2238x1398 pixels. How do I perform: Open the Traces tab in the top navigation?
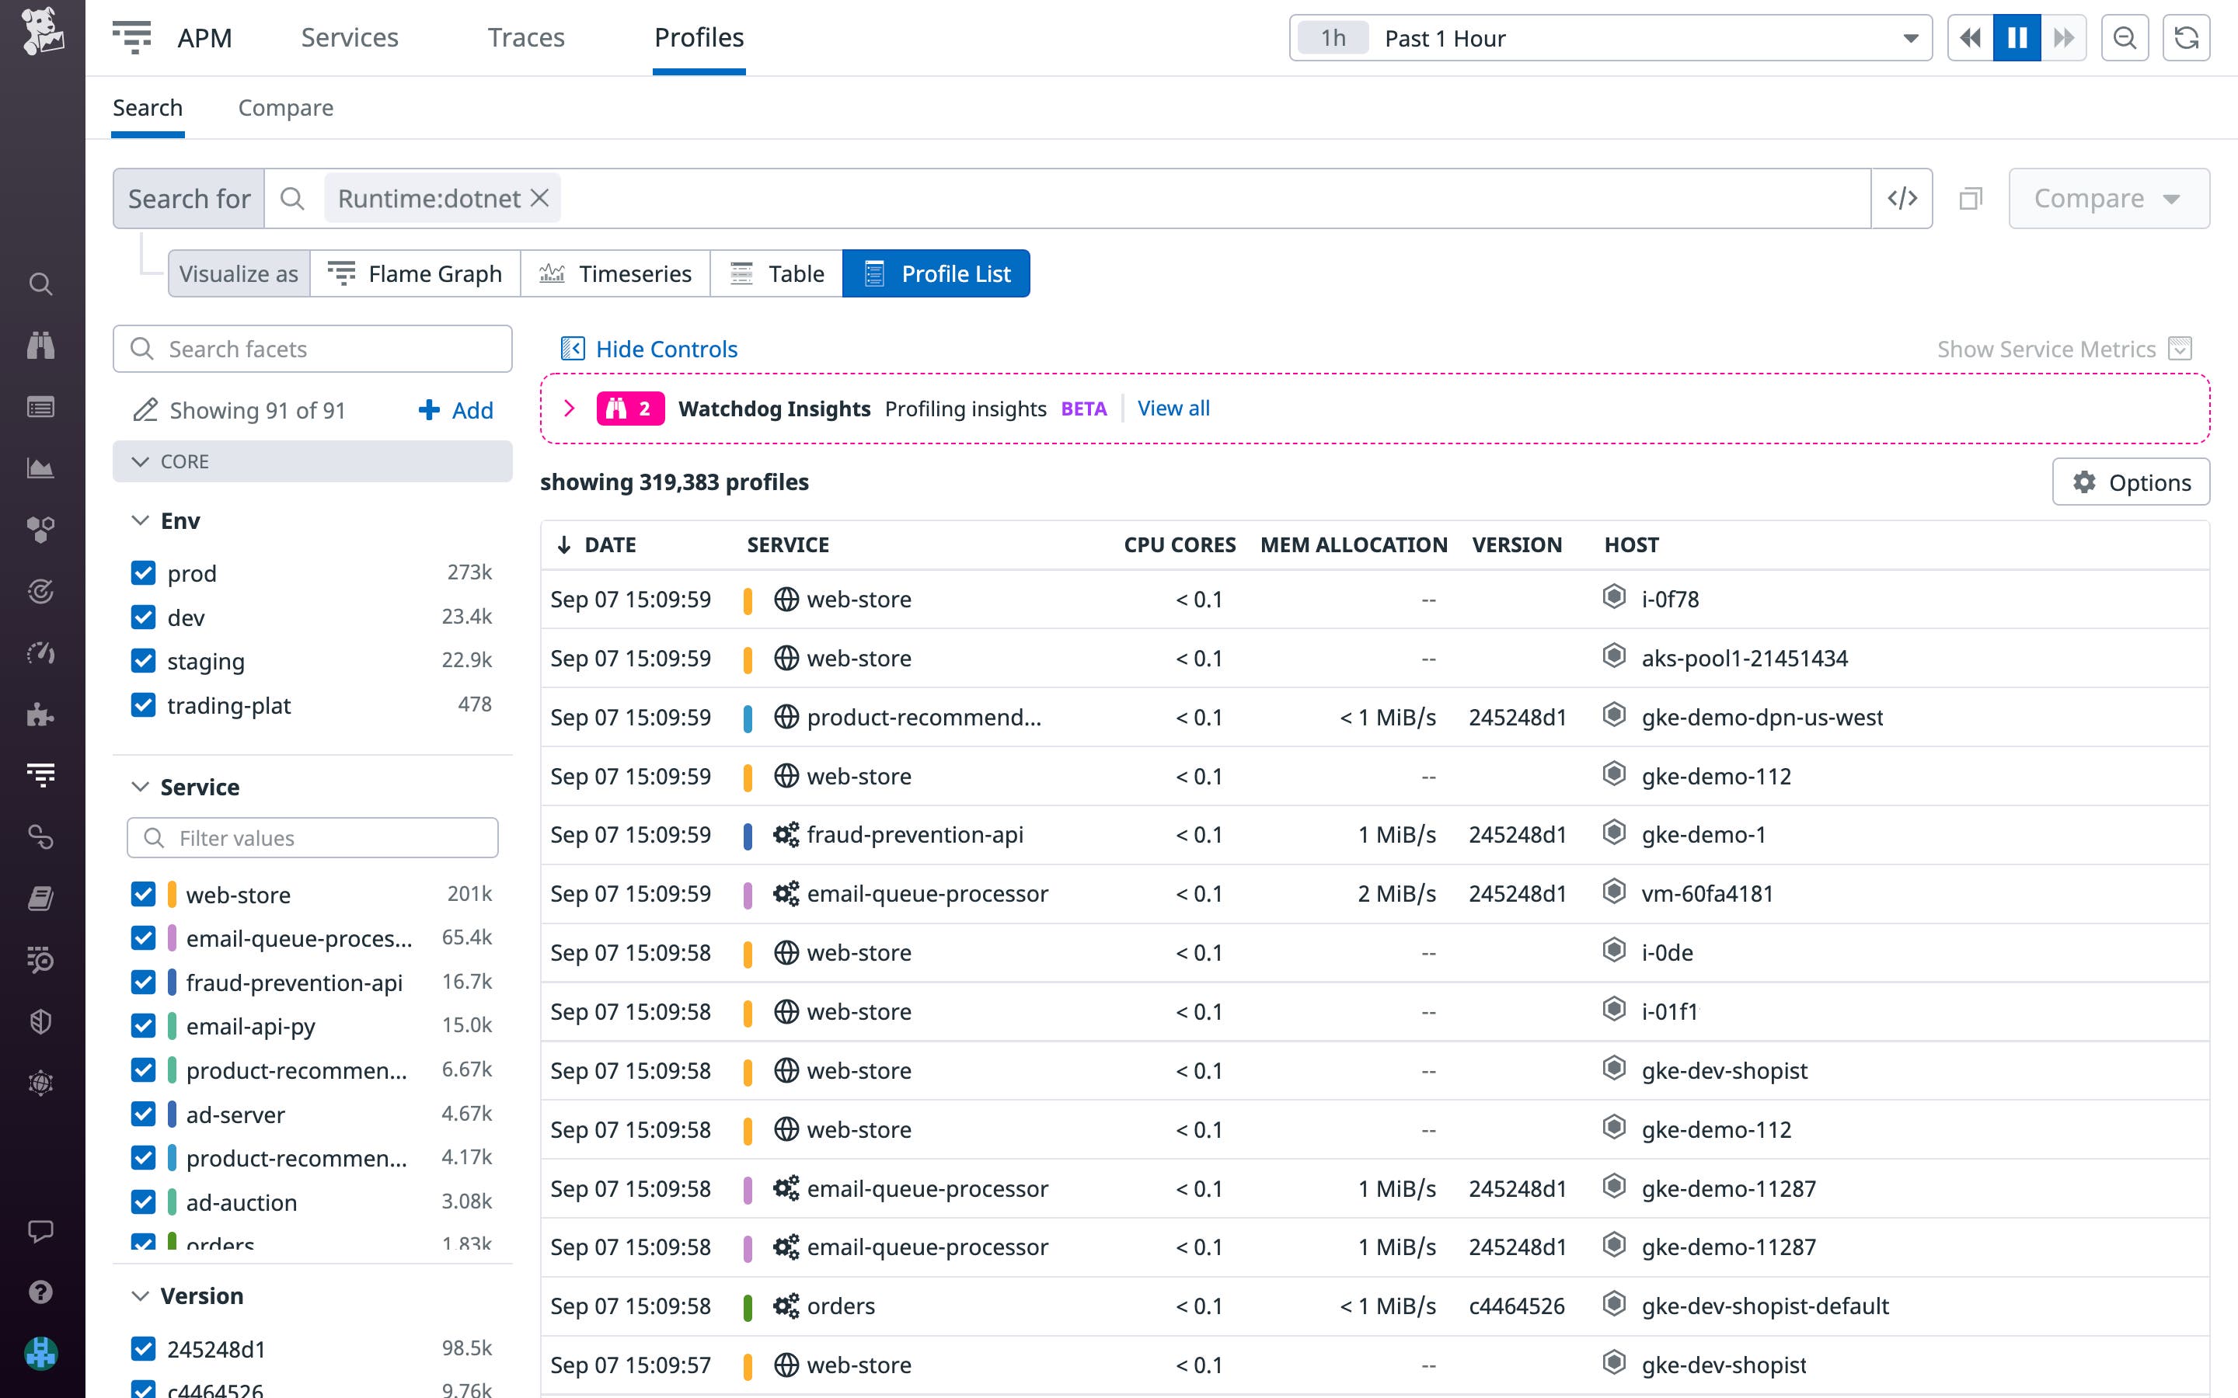tap(525, 38)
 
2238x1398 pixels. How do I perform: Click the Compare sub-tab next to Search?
tap(286, 108)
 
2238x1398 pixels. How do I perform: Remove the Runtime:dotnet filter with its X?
tap(540, 198)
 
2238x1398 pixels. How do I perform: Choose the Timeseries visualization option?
tap(616, 273)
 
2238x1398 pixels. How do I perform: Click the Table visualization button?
tap(777, 273)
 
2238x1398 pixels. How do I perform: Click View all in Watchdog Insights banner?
tap(1173, 409)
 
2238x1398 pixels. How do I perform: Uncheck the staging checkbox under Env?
tap(143, 661)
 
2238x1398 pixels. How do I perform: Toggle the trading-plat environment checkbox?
tap(143, 705)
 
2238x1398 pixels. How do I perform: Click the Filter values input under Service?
tap(312, 838)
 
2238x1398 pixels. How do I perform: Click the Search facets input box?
tap(312, 349)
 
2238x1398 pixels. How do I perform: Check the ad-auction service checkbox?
tap(143, 1202)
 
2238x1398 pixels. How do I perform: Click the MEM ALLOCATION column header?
tap(1353, 544)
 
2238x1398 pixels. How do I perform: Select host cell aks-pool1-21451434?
tap(1743, 659)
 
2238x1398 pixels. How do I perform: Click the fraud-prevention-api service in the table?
tap(914, 835)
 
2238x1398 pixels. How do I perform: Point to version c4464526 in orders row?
tap(1516, 1306)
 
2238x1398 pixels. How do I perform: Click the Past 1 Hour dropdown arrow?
tap(1910, 39)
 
